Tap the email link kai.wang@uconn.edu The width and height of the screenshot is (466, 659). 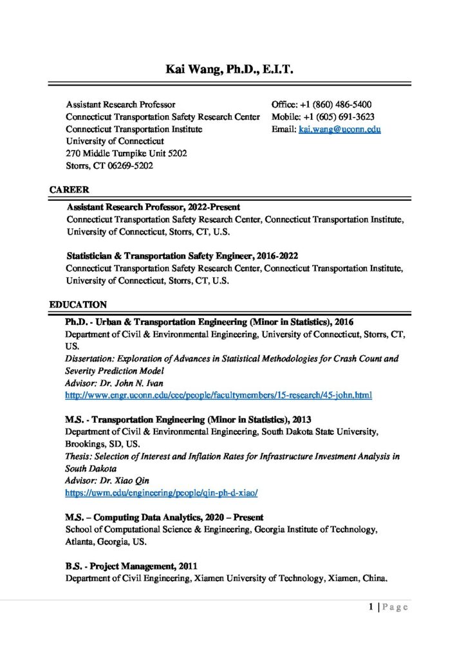pos(340,129)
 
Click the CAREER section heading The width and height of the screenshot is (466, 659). pos(69,190)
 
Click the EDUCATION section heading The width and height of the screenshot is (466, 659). pos(78,304)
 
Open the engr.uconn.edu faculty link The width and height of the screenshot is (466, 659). pos(219,394)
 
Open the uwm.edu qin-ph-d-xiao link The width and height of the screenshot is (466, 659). pos(162,493)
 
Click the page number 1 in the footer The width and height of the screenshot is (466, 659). pos(372,606)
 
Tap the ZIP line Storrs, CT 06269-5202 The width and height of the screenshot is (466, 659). pos(109,165)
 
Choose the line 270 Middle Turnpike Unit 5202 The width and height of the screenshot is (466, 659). pos(127,153)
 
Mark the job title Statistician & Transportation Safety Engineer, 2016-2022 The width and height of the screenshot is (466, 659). pos(182,255)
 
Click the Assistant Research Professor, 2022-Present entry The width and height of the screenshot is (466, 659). pos(153,207)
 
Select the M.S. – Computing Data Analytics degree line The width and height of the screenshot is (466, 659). pos(164,517)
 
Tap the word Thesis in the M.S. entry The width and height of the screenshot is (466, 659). pos(78,456)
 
